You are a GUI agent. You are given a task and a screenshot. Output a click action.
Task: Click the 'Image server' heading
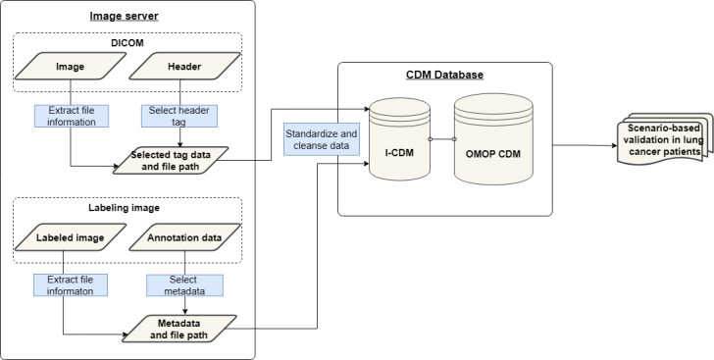pyautogui.click(x=124, y=17)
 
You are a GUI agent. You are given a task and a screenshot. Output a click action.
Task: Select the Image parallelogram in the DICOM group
pyautogui.click(x=71, y=66)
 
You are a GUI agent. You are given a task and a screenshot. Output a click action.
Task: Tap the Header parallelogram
pyautogui.click(x=184, y=66)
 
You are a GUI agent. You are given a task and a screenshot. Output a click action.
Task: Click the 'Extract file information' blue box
pyautogui.click(x=72, y=116)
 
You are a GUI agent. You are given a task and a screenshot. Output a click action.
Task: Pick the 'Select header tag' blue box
pyautogui.click(x=178, y=116)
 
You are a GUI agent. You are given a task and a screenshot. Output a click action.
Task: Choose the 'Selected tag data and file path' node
pyautogui.click(x=171, y=161)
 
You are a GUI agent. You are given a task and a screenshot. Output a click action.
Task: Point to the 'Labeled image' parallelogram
pyautogui.click(x=71, y=237)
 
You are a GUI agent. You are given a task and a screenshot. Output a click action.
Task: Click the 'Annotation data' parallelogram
pyautogui.click(x=184, y=237)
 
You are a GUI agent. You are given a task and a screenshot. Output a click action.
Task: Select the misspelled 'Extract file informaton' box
pyautogui.click(x=71, y=284)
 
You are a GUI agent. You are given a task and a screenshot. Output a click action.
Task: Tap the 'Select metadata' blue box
pyautogui.click(x=184, y=284)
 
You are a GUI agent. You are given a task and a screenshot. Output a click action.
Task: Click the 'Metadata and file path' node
pyautogui.click(x=178, y=329)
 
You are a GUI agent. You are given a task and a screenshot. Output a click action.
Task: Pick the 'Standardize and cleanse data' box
pyautogui.click(x=322, y=139)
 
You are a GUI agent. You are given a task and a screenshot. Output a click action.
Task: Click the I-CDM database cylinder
pyautogui.click(x=399, y=138)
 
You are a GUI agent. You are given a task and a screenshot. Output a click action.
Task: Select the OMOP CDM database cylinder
pyautogui.click(x=493, y=139)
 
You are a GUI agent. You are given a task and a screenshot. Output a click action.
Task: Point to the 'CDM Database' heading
pyautogui.click(x=444, y=75)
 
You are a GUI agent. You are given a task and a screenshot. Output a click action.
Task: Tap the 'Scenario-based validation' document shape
pyautogui.click(x=664, y=139)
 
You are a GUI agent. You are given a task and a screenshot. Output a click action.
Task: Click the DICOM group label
pyautogui.click(x=127, y=43)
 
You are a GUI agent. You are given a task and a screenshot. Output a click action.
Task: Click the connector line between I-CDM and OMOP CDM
pyautogui.click(x=442, y=138)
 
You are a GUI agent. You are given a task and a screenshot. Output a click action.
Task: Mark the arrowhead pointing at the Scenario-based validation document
pyautogui.click(x=614, y=146)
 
